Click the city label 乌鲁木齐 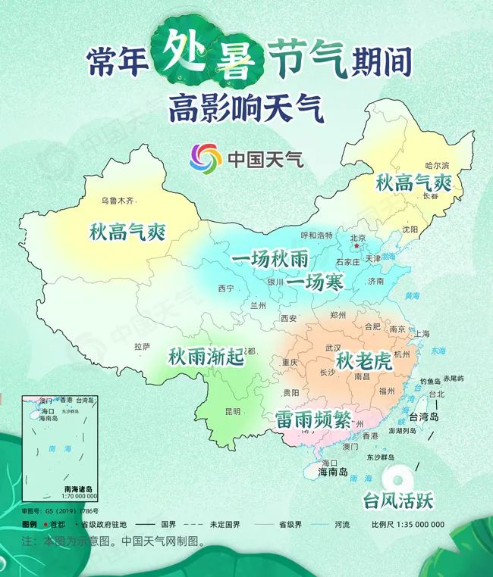[118, 201]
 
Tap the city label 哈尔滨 [438, 165]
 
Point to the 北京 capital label [358, 238]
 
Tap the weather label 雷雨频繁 [313, 419]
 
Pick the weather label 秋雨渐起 [206, 356]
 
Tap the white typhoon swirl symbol [396, 476]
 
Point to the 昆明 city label [232, 411]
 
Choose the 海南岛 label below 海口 [332, 473]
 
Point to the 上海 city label [422, 334]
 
